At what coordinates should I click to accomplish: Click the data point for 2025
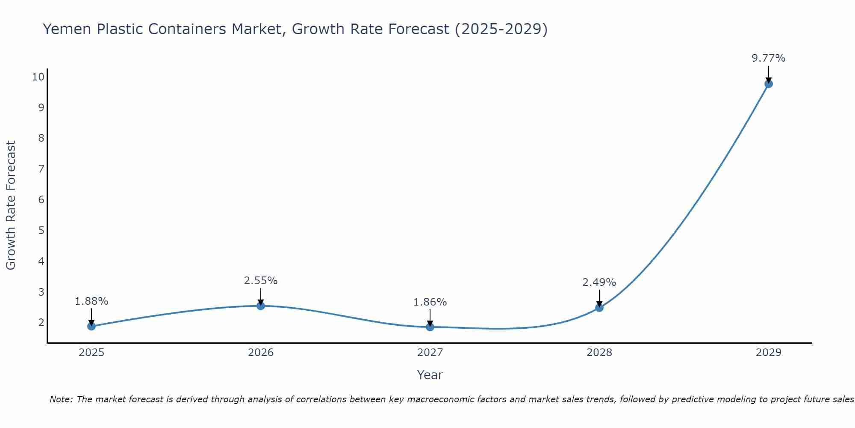coord(91,326)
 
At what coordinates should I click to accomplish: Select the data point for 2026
coord(261,306)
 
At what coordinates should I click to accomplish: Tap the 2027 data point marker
coord(430,327)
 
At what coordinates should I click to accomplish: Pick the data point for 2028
coord(599,307)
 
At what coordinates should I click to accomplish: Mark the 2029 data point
coord(768,84)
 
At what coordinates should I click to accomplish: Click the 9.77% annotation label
coord(768,58)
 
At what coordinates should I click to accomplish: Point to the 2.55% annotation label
coord(261,281)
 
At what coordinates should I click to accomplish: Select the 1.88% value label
coord(91,301)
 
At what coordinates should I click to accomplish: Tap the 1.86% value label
coord(430,302)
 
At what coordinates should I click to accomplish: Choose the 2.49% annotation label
coord(599,282)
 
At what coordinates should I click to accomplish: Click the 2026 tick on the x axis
coord(261,353)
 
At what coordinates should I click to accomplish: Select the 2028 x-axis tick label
coord(599,353)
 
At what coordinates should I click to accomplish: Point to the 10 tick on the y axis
coord(38,77)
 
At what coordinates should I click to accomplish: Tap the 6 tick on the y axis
coord(41,200)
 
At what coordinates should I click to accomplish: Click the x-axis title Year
coord(430,375)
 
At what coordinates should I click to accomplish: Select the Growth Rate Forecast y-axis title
coord(11,205)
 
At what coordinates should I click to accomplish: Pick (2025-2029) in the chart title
coord(501,29)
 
